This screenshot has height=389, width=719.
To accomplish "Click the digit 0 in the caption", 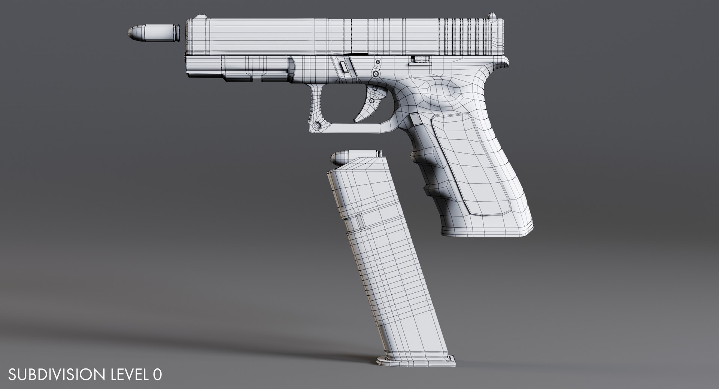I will point(158,374).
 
